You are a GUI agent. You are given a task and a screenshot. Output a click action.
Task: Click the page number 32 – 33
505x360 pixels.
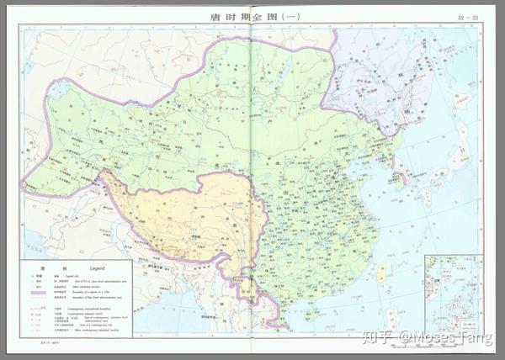coord(468,17)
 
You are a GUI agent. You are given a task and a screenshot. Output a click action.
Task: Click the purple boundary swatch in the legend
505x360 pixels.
coord(38,292)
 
